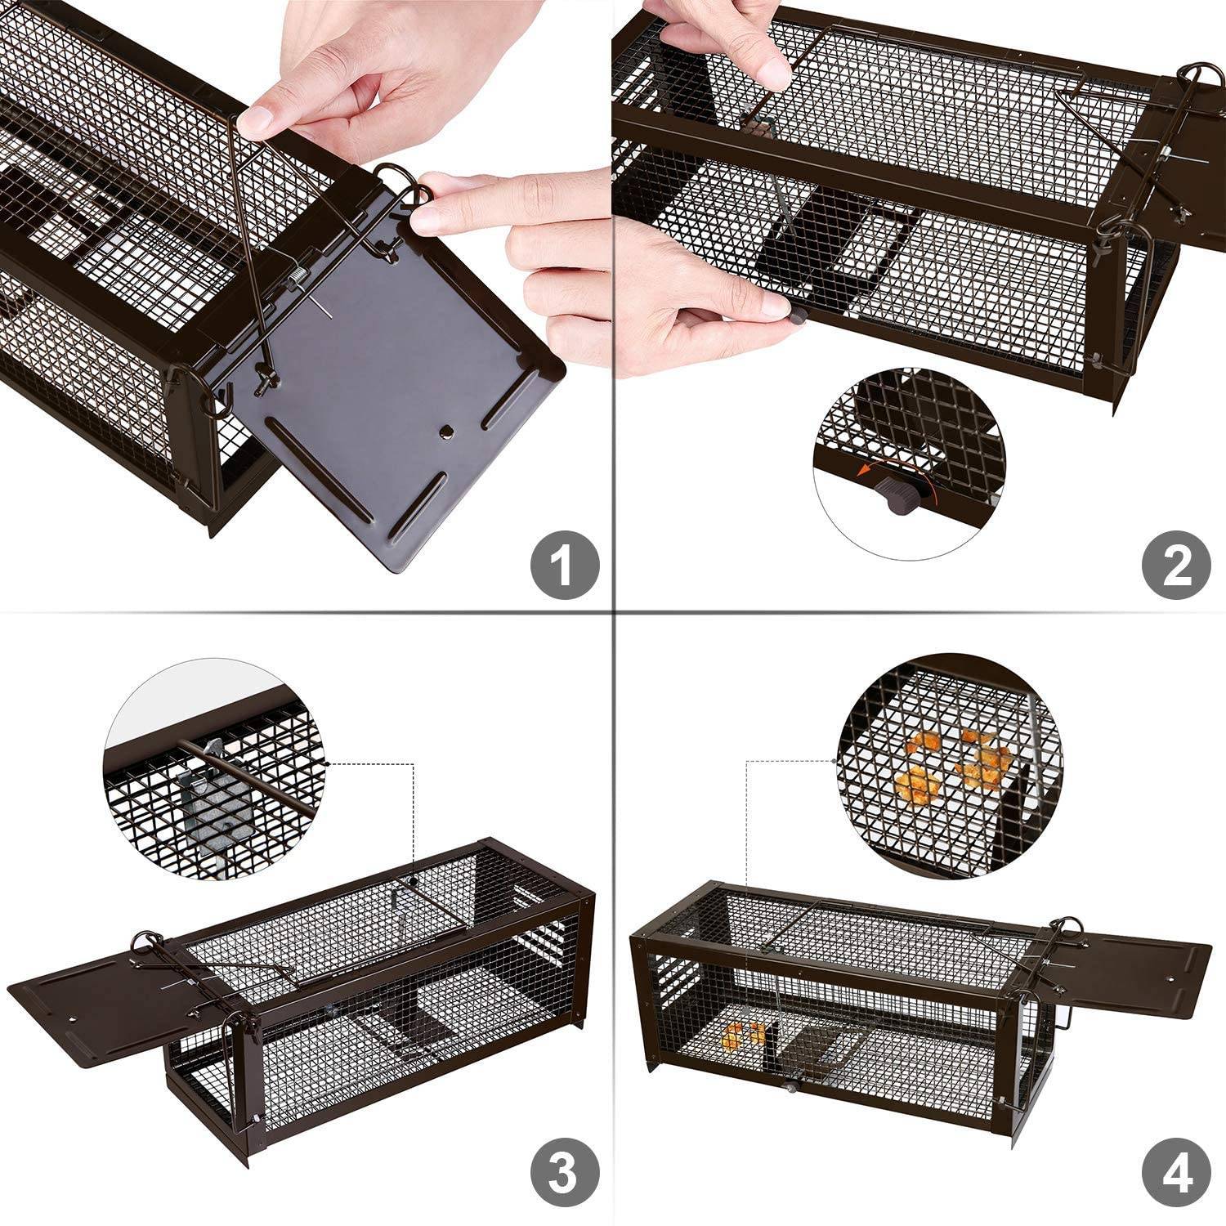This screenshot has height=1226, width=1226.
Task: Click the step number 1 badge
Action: click(x=565, y=564)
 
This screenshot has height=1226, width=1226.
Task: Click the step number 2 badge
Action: click(x=1175, y=564)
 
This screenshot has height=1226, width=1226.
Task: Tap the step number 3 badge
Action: click(x=565, y=1175)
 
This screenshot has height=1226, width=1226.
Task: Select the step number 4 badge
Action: click(x=1175, y=1175)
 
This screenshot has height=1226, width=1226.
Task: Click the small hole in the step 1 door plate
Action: click(x=446, y=431)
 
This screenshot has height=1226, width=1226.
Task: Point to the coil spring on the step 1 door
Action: click(x=295, y=283)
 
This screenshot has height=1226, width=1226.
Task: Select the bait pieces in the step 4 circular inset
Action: click(x=952, y=764)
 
